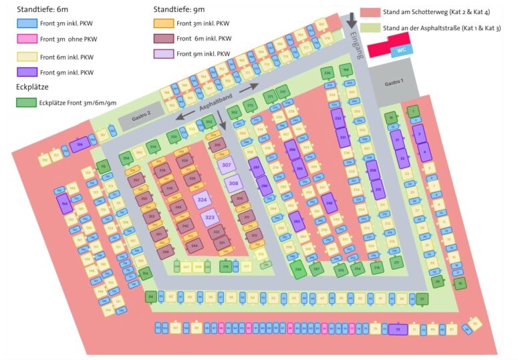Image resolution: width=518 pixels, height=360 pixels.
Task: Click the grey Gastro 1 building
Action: [x=394, y=83]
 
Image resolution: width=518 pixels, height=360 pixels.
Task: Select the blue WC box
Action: [x=402, y=50]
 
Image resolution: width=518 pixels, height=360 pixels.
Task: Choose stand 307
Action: [x=227, y=165]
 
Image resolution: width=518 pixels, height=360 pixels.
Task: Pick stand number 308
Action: [x=233, y=182]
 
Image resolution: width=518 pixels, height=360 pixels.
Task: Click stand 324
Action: [x=202, y=199]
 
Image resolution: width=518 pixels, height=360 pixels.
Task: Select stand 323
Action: [x=209, y=217]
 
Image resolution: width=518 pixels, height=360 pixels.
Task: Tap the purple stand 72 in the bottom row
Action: [x=398, y=329]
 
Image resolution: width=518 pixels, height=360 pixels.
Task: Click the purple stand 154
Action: [x=64, y=204]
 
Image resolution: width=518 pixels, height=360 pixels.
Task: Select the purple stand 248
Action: [x=329, y=202]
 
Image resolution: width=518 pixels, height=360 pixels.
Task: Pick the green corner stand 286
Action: [x=299, y=269]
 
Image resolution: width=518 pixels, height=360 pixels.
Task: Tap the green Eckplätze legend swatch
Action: [x=26, y=102]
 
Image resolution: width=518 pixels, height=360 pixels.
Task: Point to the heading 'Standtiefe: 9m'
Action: [x=178, y=9]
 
